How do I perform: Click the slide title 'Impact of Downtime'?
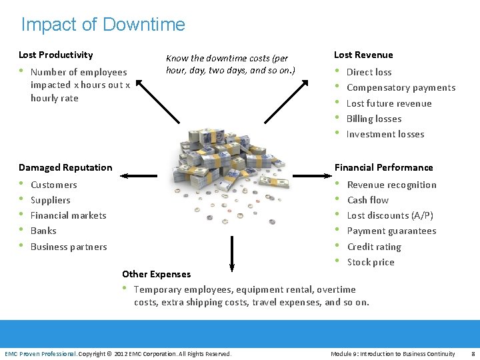point(103,25)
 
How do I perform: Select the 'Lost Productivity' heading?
point(56,55)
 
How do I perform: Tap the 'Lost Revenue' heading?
point(363,55)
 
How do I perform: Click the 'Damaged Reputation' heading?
point(65,167)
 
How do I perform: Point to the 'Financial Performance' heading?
point(383,167)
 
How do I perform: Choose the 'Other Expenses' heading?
point(156,274)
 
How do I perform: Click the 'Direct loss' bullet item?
point(369,72)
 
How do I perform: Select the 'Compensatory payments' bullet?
point(401,87)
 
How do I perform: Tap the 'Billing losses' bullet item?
point(373,119)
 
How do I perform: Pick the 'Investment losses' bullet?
point(385,134)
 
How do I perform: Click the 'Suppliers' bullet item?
point(51,200)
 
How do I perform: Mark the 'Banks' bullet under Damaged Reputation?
point(43,231)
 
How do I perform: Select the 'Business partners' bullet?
point(69,247)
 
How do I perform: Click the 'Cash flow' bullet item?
point(367,200)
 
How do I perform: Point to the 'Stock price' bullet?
point(370,262)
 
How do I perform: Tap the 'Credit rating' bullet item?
point(373,247)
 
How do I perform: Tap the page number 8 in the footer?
point(472,353)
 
